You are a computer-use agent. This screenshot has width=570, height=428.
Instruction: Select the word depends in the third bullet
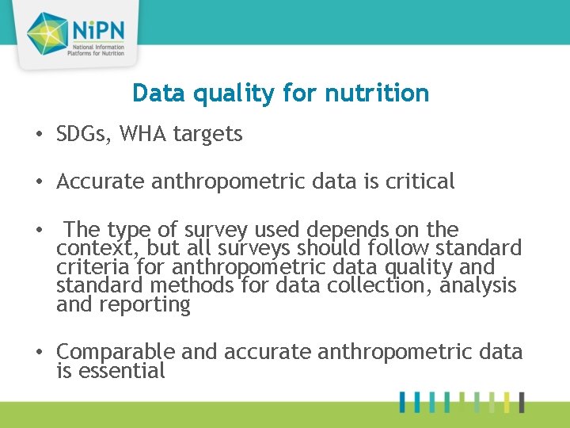pos(348,230)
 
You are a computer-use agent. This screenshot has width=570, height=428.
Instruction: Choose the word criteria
pos(93,267)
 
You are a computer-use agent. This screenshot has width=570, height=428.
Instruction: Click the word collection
pos(370,285)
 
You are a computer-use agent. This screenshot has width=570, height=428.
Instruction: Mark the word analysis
pos(477,285)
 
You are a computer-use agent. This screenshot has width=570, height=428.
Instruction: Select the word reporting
pos(144,305)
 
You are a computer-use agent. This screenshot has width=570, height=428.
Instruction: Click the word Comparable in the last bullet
pos(116,351)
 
